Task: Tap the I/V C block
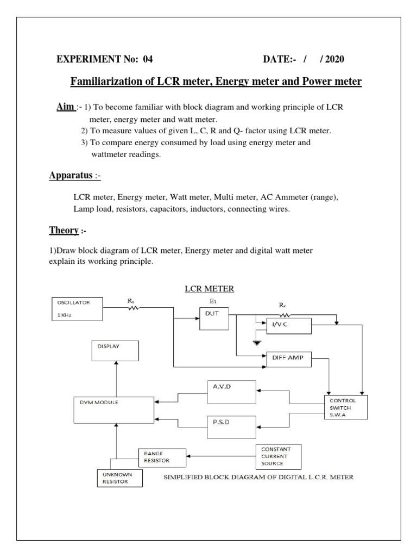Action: pos(288,326)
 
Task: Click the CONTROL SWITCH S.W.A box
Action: pos(345,407)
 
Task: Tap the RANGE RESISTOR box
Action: pos(160,456)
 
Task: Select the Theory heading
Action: pos(64,230)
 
